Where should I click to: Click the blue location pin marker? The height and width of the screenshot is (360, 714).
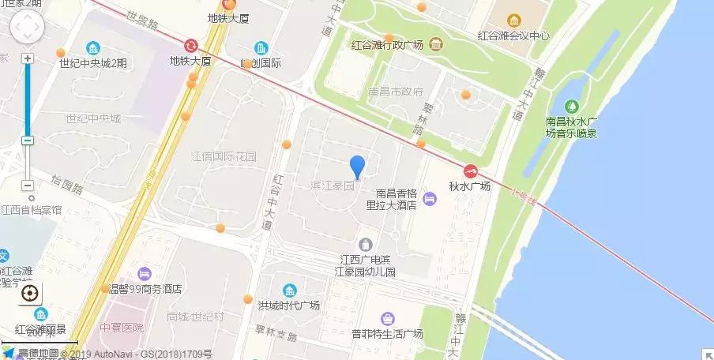(x=357, y=167)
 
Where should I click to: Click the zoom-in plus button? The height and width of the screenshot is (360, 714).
(x=28, y=58)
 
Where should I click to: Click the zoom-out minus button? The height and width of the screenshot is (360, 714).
(x=28, y=140)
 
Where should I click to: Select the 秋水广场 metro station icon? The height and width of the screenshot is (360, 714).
(x=470, y=171)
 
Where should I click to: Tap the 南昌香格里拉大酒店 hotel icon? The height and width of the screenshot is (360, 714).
(x=429, y=198)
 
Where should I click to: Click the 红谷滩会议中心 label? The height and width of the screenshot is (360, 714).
(x=513, y=36)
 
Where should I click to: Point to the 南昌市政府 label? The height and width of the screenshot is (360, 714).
(x=396, y=91)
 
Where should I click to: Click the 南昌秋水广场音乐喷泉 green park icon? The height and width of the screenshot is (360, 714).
(x=571, y=106)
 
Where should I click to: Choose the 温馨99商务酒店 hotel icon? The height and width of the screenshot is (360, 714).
(x=144, y=274)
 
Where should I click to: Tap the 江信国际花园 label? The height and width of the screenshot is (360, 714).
(x=225, y=156)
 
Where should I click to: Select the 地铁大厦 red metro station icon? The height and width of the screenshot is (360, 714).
(x=191, y=46)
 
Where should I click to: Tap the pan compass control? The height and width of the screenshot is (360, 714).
(x=27, y=28)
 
